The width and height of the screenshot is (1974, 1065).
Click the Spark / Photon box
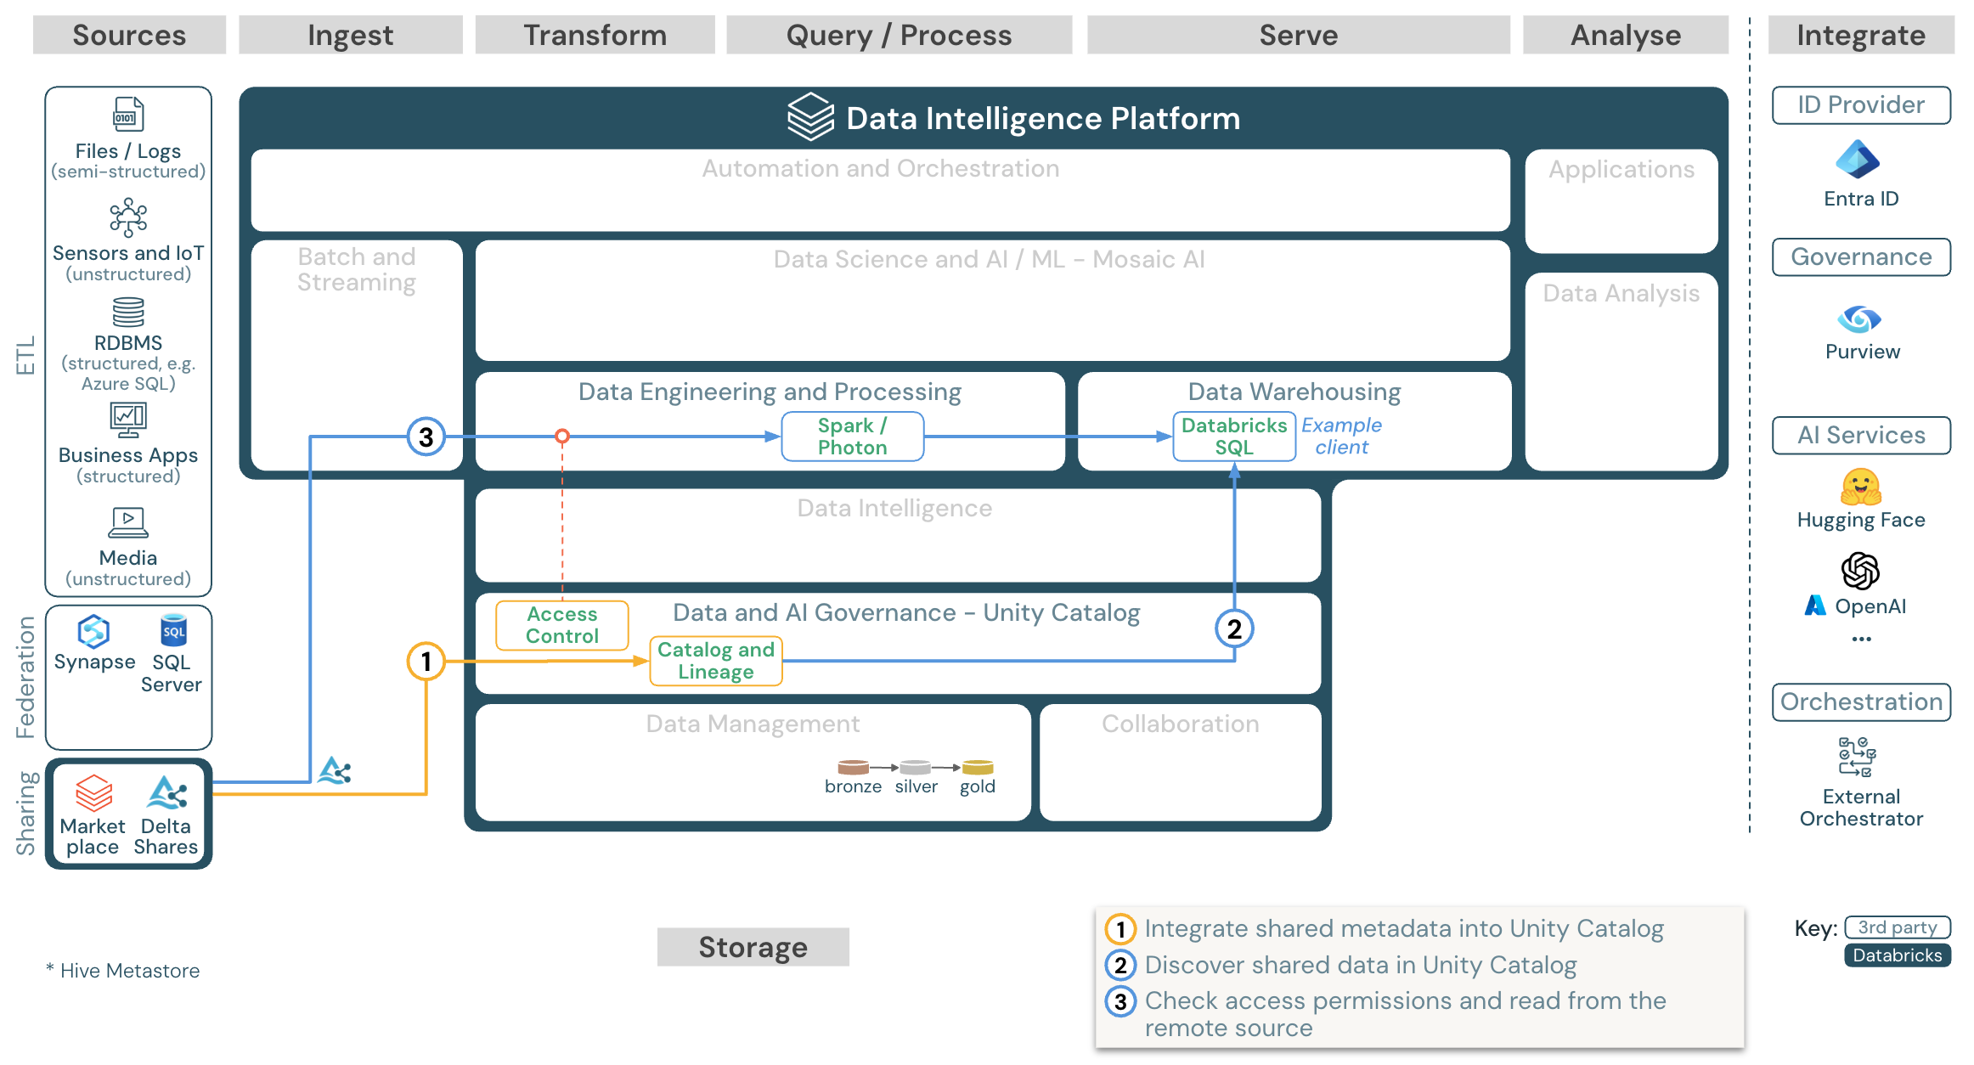[x=852, y=437]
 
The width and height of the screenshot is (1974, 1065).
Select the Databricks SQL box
[x=1233, y=437]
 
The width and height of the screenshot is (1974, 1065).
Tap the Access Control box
[x=561, y=625]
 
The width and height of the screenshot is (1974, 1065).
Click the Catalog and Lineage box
[x=715, y=661]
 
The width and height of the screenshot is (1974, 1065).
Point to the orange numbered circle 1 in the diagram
[x=426, y=661]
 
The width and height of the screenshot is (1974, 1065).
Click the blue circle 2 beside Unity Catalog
[x=1233, y=628]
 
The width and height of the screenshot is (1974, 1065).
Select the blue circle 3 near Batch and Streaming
[x=426, y=437]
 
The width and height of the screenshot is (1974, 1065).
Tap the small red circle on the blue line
[x=561, y=437]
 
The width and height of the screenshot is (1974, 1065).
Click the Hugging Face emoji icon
[x=1860, y=487]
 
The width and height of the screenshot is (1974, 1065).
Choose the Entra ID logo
[x=1858, y=160]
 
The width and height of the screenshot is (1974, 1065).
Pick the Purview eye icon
[x=1859, y=319]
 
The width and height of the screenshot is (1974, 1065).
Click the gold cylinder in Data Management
[x=977, y=767]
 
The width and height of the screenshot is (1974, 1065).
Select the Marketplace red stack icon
[x=93, y=793]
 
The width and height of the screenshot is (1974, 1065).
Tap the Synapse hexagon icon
[x=93, y=632]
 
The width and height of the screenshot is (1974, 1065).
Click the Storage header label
[x=753, y=947]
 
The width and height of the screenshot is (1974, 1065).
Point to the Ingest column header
[x=350, y=35]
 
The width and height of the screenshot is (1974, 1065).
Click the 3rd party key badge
[x=1897, y=927]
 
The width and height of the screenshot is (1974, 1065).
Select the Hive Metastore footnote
[x=123, y=971]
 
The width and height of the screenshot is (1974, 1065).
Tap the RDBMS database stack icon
[x=128, y=312]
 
